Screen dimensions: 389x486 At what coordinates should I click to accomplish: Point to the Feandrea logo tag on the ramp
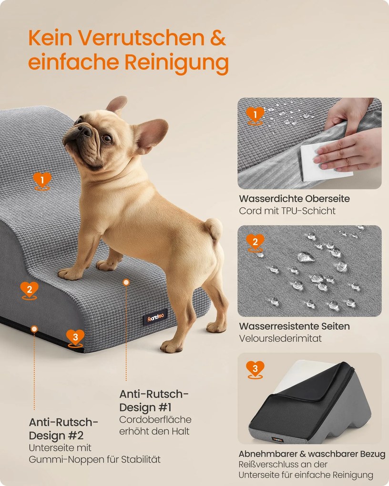[x=155, y=317]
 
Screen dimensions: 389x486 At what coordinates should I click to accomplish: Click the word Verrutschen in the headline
[x=141, y=38]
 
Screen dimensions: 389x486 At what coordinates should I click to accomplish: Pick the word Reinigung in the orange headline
[x=176, y=63]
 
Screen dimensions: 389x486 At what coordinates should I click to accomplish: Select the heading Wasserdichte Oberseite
[x=295, y=199]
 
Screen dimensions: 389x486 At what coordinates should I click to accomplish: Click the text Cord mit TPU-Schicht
[x=287, y=211]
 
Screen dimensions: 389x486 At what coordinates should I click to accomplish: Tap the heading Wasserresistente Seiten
[x=295, y=326]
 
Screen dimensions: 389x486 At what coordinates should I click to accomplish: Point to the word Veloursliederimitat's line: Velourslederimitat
[x=280, y=338]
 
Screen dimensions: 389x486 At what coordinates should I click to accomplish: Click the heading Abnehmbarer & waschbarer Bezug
[x=312, y=454]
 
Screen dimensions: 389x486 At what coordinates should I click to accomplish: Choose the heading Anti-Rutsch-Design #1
[x=154, y=400]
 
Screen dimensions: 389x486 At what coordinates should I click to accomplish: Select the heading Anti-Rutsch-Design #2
[x=63, y=429]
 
